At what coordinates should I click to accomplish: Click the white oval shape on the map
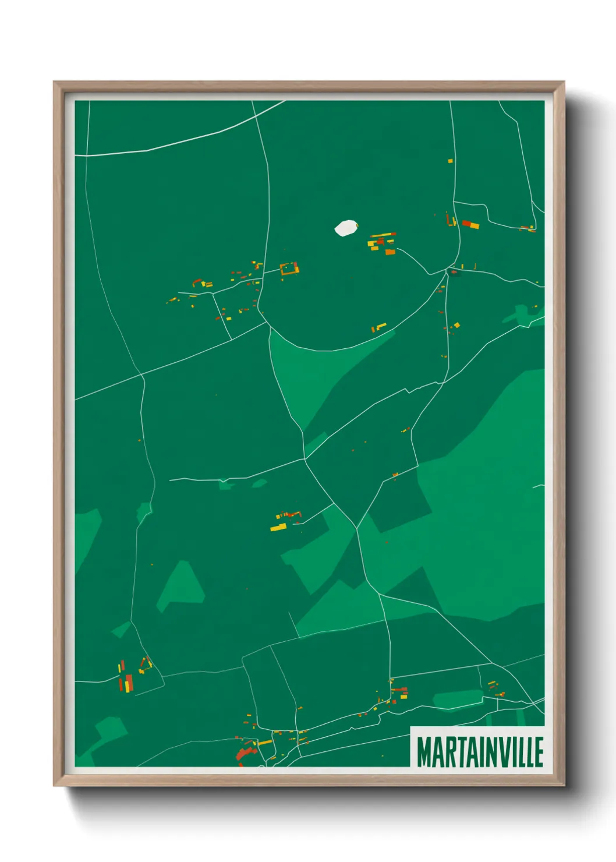[x=346, y=228]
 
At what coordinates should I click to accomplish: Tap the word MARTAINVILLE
[x=480, y=752]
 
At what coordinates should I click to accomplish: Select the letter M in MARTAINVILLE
[x=424, y=752]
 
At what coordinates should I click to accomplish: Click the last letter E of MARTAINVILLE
[x=539, y=752]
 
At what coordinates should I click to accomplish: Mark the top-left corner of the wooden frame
[x=54, y=83]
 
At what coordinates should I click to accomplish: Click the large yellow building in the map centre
[x=278, y=528]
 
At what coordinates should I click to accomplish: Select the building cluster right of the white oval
[x=382, y=243]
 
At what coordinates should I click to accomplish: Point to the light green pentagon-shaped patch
[x=181, y=585]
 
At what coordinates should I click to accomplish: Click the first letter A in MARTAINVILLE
[x=438, y=752]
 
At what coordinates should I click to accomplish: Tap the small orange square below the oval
[x=390, y=252]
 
